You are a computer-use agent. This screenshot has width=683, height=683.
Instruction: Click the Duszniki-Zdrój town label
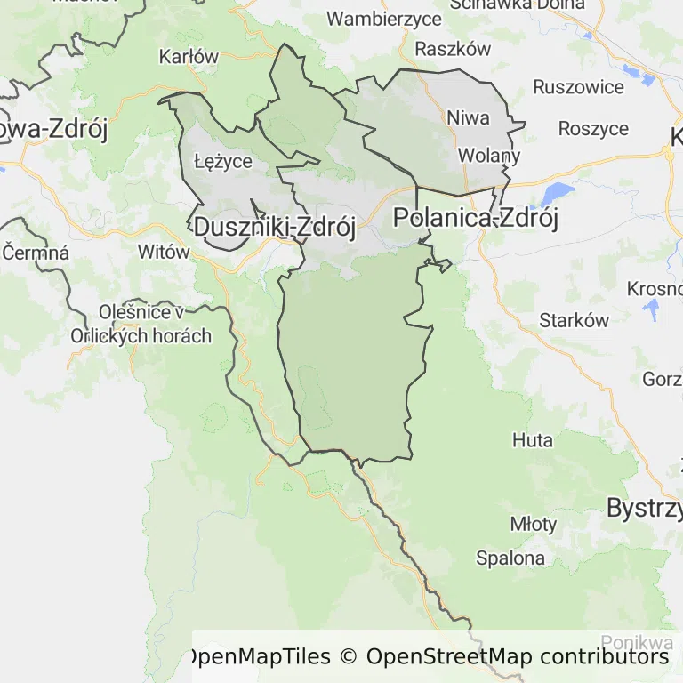274,228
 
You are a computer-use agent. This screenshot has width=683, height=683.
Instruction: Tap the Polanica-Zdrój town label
476,218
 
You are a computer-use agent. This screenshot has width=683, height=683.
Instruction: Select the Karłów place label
189,57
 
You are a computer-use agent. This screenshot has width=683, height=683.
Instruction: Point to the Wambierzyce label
384,19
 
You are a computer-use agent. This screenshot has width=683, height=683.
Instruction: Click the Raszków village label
453,49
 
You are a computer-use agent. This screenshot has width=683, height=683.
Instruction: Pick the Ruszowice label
578,87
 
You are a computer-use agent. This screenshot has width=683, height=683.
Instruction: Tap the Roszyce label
593,128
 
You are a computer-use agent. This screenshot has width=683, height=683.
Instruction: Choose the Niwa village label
468,117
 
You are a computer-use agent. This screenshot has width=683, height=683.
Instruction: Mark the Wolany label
488,156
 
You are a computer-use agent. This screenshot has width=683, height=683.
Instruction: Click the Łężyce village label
223,161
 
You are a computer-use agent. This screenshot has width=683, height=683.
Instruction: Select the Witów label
164,252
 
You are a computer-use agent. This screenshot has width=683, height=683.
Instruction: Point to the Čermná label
36,253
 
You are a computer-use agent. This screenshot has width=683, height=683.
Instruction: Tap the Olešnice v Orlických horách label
141,325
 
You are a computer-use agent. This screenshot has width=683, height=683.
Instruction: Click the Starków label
574,320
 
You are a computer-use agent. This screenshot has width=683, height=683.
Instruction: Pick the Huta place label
533,440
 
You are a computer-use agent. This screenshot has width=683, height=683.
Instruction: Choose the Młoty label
533,524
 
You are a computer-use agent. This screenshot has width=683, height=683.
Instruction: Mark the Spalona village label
510,558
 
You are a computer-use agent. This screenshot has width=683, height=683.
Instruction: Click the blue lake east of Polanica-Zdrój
558,193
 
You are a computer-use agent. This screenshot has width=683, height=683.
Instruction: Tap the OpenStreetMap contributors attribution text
517,657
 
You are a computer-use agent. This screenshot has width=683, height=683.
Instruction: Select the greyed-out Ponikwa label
637,642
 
